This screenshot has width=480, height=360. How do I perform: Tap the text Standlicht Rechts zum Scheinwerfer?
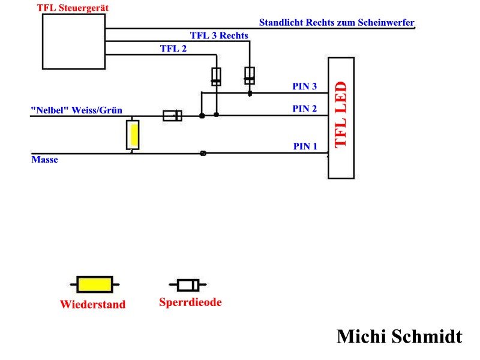(x=337, y=23)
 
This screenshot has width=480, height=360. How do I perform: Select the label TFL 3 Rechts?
(x=219, y=35)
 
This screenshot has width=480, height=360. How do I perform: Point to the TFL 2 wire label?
(x=173, y=49)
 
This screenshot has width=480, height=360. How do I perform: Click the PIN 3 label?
(x=305, y=86)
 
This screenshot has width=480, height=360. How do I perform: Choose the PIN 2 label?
(x=305, y=109)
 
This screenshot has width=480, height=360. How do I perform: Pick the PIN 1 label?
(x=305, y=146)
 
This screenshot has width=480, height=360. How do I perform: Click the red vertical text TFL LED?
(x=341, y=115)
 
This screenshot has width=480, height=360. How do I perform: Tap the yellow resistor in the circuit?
(x=133, y=134)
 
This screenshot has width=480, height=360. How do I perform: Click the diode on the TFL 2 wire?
(x=216, y=76)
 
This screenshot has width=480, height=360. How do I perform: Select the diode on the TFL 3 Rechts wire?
(x=250, y=76)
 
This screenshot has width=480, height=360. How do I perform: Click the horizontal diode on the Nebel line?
(x=172, y=115)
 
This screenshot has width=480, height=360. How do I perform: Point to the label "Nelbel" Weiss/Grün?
(x=77, y=110)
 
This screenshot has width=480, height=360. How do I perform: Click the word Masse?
(x=44, y=160)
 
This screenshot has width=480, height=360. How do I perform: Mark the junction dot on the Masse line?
(x=203, y=153)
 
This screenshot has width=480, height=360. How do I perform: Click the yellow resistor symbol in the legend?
(x=94, y=284)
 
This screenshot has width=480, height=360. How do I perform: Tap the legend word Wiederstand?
(x=92, y=304)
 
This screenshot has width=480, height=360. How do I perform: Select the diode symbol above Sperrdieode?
(x=187, y=285)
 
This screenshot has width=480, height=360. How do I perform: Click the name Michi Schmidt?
(x=399, y=336)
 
